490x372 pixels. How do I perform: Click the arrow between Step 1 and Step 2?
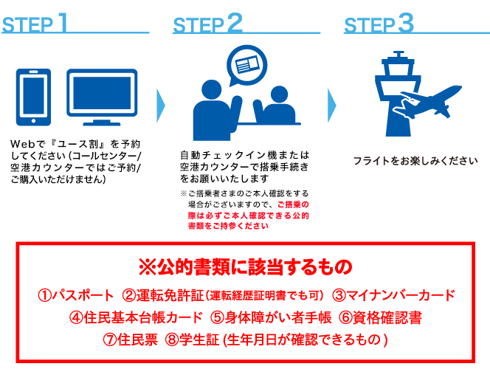161,106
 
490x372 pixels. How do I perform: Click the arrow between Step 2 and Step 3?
331,106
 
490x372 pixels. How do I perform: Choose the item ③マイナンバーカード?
393,296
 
